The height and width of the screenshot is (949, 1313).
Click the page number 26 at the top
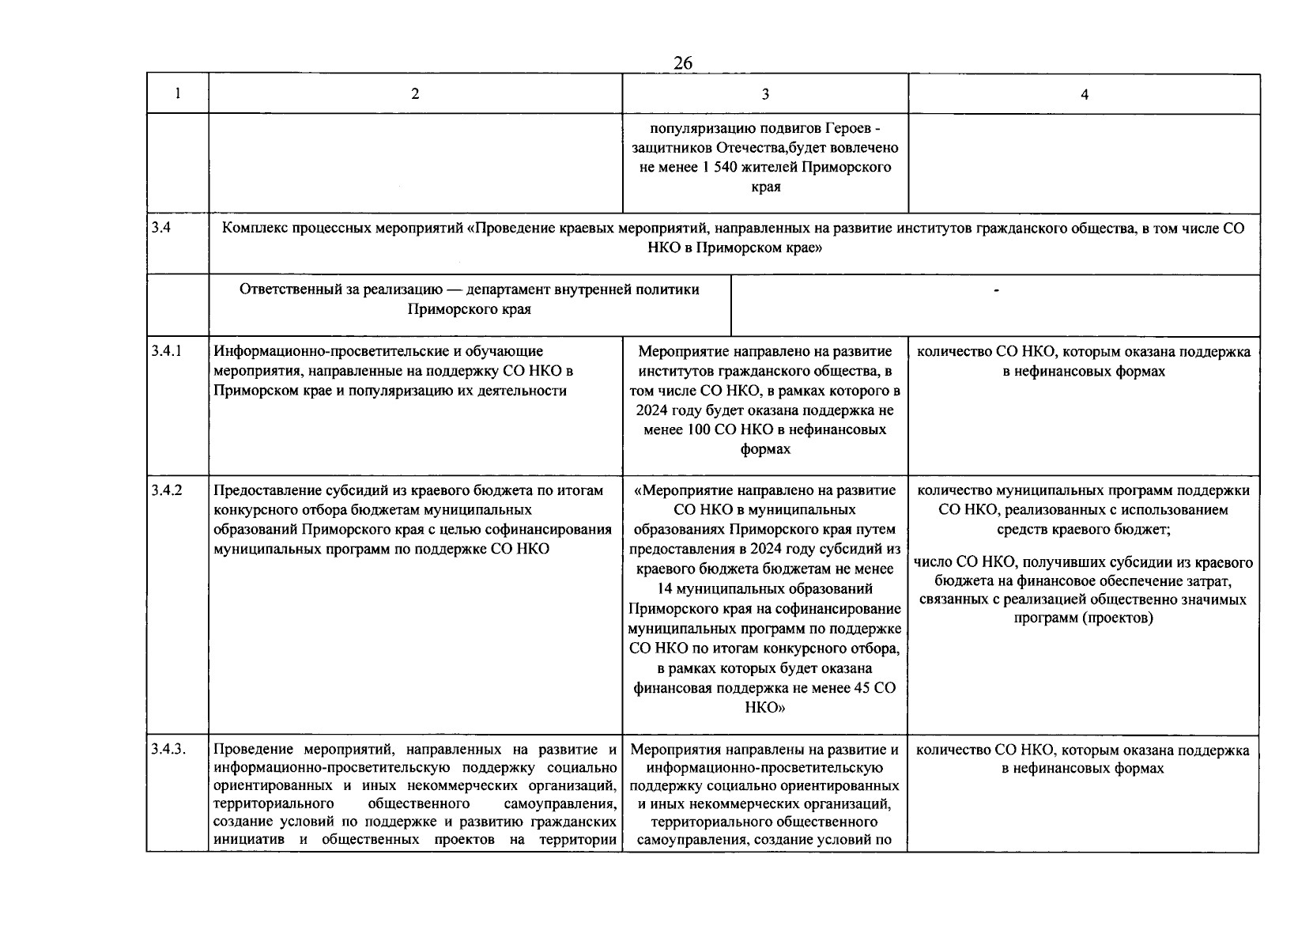coord(683,63)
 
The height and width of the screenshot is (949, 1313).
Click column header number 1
coord(177,93)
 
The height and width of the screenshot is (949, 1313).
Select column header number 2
coord(415,93)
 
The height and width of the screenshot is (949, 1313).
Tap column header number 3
coord(765,94)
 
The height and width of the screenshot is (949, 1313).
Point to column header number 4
coord(1085,94)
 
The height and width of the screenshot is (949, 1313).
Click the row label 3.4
coord(160,228)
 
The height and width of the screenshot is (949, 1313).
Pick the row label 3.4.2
coord(166,490)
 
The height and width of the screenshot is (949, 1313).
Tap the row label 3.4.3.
coord(168,749)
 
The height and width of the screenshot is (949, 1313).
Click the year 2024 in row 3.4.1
coord(651,410)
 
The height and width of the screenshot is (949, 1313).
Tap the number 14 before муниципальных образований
coord(666,589)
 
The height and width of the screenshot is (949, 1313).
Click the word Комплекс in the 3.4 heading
coord(250,229)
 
